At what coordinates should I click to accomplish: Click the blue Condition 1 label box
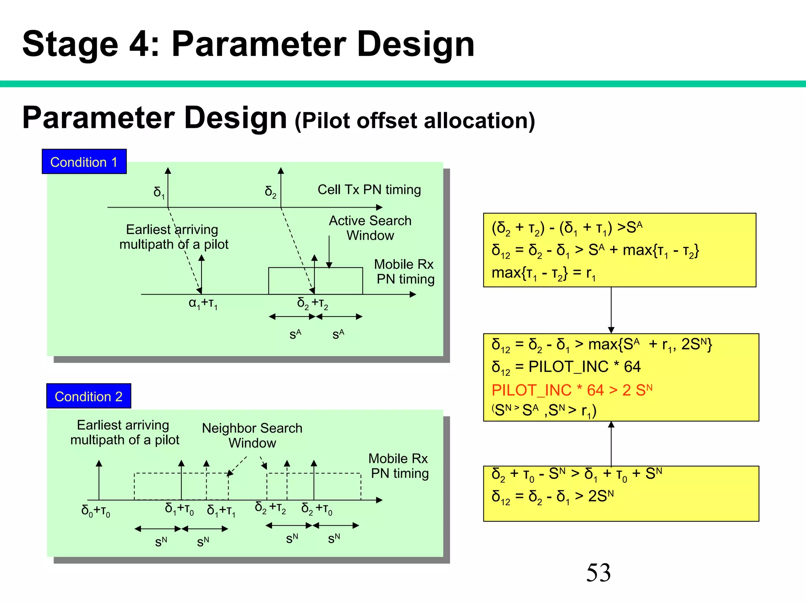point(84,162)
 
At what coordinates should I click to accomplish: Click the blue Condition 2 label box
point(89,396)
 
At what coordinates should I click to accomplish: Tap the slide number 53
point(598,573)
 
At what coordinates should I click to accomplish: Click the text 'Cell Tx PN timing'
point(369,190)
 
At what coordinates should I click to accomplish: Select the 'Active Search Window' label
point(370,228)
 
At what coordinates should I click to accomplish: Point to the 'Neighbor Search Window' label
point(252,435)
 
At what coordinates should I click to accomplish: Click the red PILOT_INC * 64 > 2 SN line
point(572,390)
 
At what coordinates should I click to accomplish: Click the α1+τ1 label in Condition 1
point(203,304)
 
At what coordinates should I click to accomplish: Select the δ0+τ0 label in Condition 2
point(96,511)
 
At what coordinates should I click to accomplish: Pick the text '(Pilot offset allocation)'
point(415,120)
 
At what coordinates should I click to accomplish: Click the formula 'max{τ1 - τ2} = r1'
point(543,273)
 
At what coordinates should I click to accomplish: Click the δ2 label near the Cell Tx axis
point(271,192)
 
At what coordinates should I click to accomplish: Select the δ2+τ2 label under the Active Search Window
point(312,304)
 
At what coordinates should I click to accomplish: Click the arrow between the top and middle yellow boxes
point(611,310)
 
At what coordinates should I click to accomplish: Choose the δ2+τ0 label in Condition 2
point(317,509)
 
